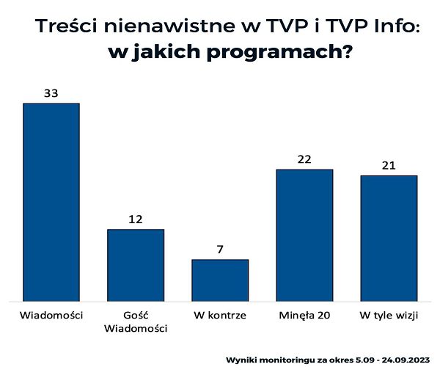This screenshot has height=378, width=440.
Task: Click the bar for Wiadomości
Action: click(x=51, y=202)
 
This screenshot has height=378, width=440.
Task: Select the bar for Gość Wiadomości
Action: click(x=136, y=265)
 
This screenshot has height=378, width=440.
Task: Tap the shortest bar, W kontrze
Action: click(x=220, y=280)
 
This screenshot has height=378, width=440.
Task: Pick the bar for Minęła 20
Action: click(x=304, y=235)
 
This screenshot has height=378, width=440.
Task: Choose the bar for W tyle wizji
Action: click(x=389, y=238)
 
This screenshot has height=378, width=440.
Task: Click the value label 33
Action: click(x=51, y=93)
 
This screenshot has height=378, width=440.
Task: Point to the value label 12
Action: click(x=136, y=219)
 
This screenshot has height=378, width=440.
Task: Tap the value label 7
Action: click(x=220, y=249)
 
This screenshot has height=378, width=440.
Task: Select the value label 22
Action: click(x=304, y=159)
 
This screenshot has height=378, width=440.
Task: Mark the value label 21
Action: click(x=389, y=165)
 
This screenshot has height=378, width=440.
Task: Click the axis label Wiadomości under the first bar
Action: click(x=51, y=316)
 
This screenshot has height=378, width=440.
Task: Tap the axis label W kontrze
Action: click(x=220, y=316)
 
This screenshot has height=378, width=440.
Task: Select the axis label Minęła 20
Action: click(x=304, y=316)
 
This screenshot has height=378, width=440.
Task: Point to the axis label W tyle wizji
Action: click(x=389, y=316)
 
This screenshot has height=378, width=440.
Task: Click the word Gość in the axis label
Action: click(x=136, y=316)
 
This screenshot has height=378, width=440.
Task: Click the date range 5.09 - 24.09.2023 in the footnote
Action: click(x=392, y=361)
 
